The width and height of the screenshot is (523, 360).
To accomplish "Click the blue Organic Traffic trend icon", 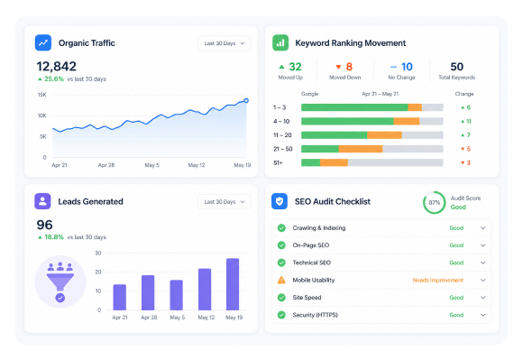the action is click(43, 42).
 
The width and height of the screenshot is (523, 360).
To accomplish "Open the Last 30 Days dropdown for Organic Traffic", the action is click(225, 43).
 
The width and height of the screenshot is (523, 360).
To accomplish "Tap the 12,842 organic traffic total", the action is click(57, 67).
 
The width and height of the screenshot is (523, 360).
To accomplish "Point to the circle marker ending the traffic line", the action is click(246, 100).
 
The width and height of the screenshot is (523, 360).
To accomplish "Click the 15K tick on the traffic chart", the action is click(42, 95).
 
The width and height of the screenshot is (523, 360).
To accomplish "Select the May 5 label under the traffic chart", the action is click(151, 165).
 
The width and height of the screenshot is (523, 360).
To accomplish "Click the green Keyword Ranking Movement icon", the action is click(280, 42).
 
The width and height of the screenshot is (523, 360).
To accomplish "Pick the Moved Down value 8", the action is click(349, 67).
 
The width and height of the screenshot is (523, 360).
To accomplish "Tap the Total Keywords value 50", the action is click(456, 67).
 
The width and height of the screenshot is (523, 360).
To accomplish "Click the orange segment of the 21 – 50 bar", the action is click(361, 149).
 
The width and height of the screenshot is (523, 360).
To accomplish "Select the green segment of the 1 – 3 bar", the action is click(354, 107).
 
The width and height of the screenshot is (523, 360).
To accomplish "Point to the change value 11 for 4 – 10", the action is click(469, 122).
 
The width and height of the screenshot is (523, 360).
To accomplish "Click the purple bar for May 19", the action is click(233, 284).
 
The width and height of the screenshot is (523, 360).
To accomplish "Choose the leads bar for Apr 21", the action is click(120, 297).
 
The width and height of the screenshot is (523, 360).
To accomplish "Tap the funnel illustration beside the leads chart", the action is click(60, 282).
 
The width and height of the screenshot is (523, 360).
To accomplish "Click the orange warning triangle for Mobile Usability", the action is click(281, 280).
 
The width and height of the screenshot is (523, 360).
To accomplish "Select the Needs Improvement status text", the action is click(438, 281).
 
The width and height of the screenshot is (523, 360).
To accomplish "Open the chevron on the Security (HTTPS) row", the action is click(482, 315).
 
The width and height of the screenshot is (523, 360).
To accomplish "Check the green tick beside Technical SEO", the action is click(281, 263).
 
